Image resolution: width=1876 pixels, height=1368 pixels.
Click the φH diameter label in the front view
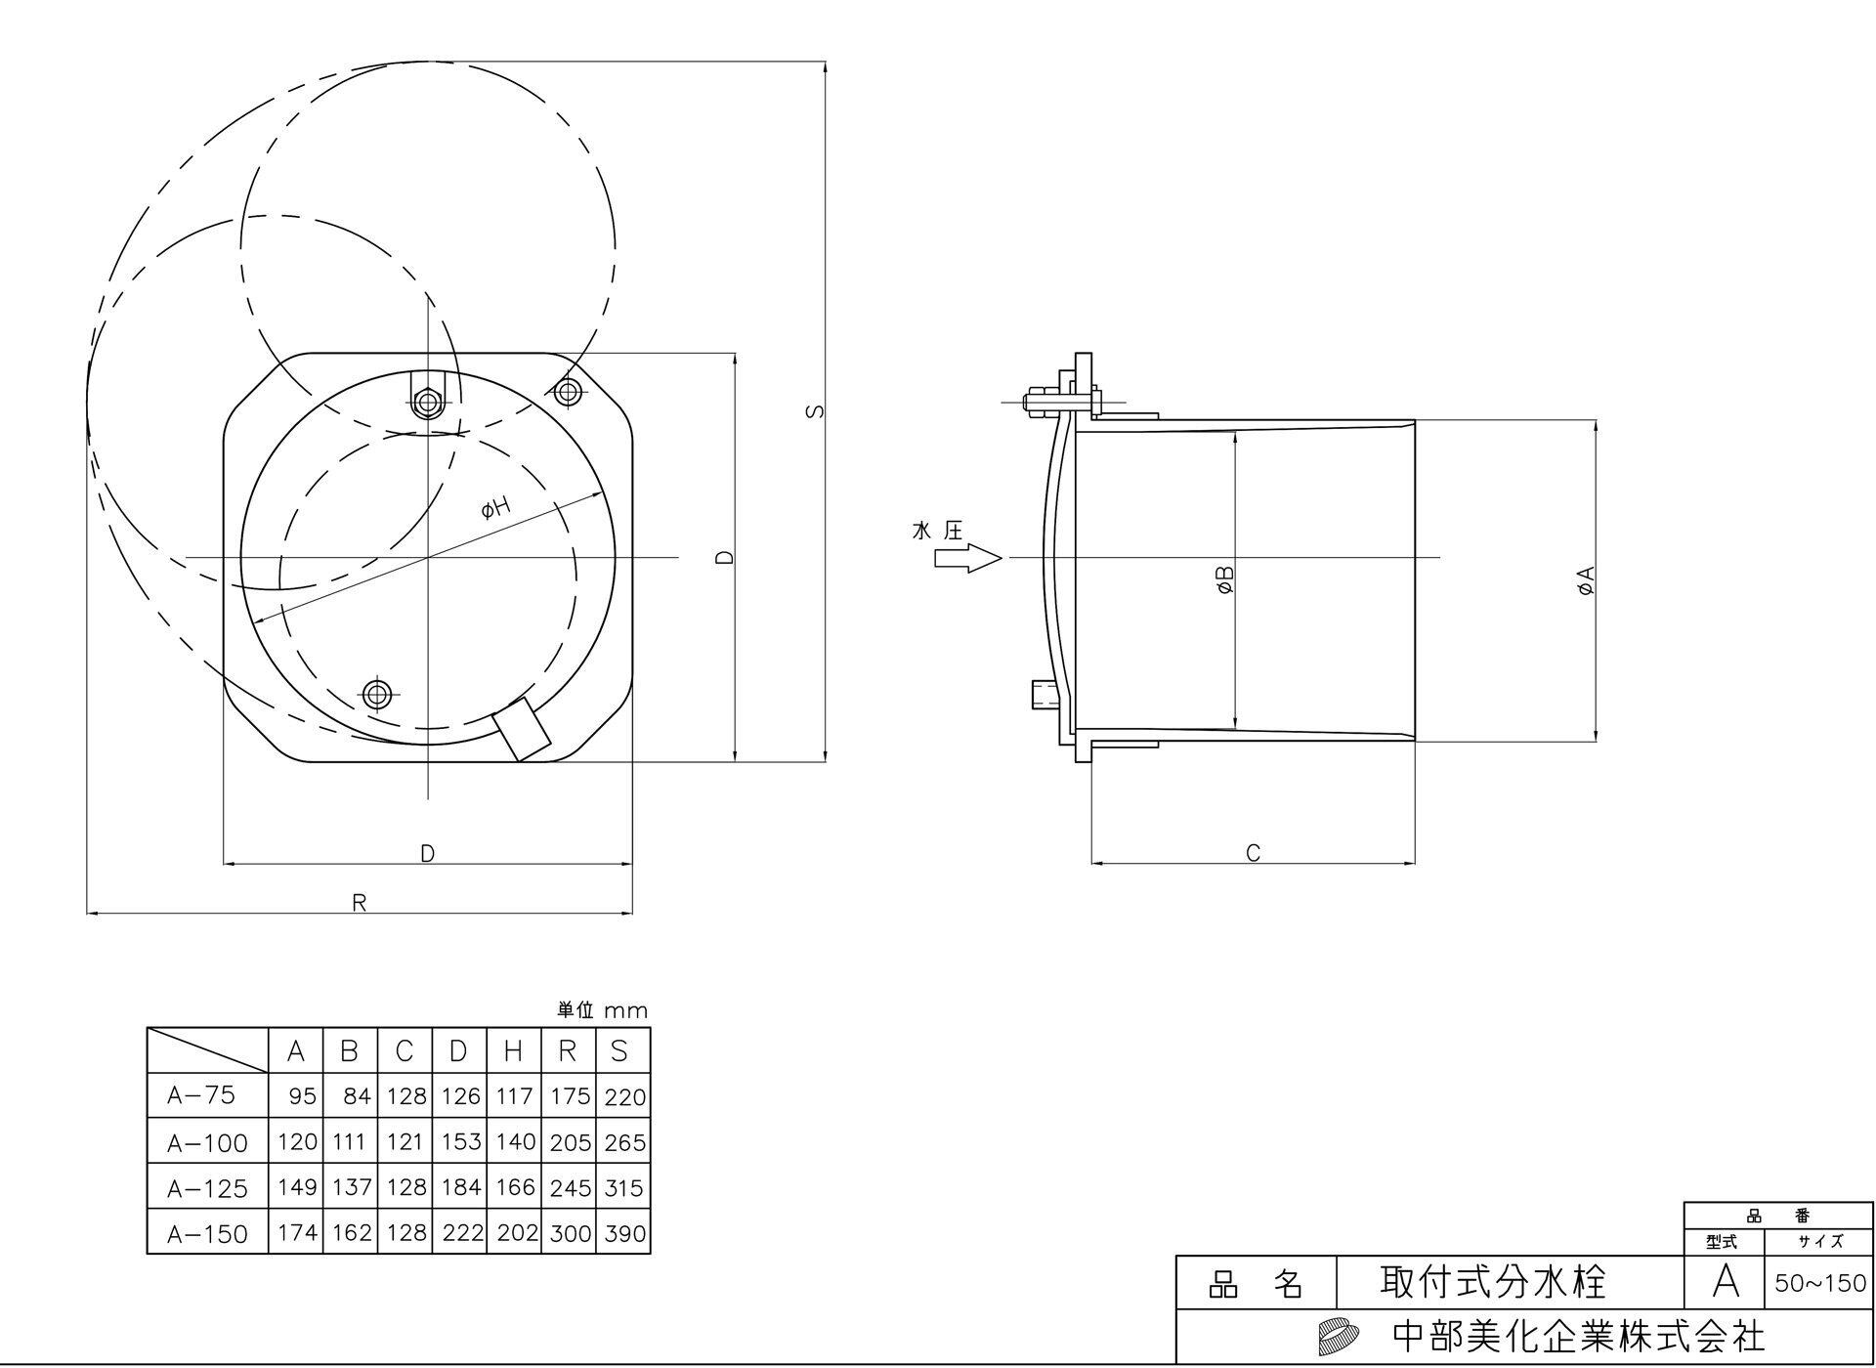pyautogui.click(x=496, y=508)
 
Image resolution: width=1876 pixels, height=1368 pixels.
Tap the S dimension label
pyautogui.click(x=815, y=411)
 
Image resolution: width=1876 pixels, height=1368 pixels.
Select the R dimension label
pyautogui.click(x=360, y=903)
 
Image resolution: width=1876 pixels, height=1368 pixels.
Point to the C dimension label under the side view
pyautogui.click(x=1254, y=853)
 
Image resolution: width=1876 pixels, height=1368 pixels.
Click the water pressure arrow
pyautogui.click(x=967, y=559)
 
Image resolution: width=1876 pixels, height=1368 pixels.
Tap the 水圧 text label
pyautogui.click(x=937, y=531)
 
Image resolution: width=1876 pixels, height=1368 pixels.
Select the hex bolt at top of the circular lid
pyautogui.click(x=427, y=402)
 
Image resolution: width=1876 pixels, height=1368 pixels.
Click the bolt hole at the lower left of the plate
pyautogui.click(x=376, y=695)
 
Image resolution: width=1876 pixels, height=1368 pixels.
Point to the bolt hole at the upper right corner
pyautogui.click(x=568, y=393)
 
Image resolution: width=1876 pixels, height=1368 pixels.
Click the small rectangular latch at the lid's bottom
pyautogui.click(x=522, y=729)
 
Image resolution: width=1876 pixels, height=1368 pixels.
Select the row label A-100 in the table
pyautogui.click(x=207, y=1142)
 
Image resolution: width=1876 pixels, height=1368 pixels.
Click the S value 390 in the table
pyautogui.click(x=624, y=1233)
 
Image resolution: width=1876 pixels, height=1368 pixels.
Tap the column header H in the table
pyautogui.click(x=513, y=1051)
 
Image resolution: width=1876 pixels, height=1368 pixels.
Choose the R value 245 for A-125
pyautogui.click(x=570, y=1188)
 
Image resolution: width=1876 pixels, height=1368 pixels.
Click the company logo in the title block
pyautogui.click(x=1338, y=1335)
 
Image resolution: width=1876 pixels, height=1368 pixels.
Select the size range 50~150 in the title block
pyautogui.click(x=1819, y=1283)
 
